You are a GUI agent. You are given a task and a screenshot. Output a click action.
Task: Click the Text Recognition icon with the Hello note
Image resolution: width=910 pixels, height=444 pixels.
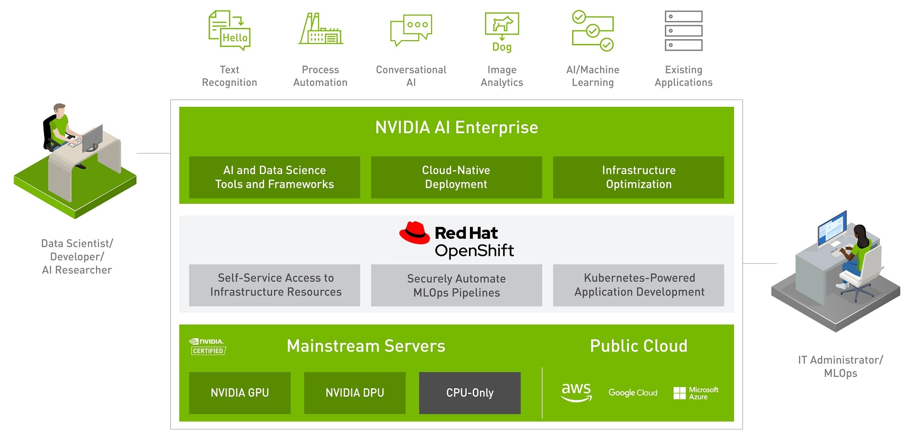coord(230,31)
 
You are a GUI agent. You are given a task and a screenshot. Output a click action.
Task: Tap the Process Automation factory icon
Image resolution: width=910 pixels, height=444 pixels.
coord(320,29)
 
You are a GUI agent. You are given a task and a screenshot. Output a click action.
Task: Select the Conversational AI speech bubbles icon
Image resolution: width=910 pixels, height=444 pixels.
coord(411,30)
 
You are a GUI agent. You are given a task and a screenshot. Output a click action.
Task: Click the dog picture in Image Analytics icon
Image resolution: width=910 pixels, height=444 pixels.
coord(502,24)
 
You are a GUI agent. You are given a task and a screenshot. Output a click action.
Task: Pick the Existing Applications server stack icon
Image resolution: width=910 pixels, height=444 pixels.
coord(683,31)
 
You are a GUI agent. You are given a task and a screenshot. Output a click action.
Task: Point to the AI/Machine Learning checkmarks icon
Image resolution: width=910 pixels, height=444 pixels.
coord(592,31)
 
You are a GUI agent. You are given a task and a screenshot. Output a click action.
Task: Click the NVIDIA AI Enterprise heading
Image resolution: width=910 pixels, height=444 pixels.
coord(456,127)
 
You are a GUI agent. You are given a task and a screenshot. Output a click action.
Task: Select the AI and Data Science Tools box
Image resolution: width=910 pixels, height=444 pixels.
coord(274,177)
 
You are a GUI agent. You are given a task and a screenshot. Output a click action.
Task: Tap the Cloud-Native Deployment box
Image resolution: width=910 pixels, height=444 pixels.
coord(456,177)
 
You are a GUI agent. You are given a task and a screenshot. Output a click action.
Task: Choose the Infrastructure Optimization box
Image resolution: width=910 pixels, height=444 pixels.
coord(638,177)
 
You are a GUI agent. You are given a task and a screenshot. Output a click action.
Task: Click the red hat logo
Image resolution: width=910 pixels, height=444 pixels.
coord(415,233)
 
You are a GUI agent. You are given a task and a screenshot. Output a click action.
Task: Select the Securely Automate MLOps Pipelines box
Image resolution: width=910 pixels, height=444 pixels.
coord(456,285)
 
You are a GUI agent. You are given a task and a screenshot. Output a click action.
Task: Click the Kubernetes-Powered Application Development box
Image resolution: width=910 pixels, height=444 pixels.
coord(638,285)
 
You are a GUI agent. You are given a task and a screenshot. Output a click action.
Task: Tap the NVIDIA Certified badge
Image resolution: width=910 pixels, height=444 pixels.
coord(207,347)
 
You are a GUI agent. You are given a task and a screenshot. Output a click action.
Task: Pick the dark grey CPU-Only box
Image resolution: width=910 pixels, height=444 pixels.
coord(469,393)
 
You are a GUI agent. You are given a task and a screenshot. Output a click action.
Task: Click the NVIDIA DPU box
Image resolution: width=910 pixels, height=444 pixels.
coord(354,393)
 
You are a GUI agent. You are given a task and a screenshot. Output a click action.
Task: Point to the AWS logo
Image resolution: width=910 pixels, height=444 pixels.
coord(576,392)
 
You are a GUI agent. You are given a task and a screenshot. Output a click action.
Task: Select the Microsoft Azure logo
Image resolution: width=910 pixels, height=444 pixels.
coord(696,393)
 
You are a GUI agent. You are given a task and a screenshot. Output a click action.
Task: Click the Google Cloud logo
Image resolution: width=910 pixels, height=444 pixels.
coord(633,393)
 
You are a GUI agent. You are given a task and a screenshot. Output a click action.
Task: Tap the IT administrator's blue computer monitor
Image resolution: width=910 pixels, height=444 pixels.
coord(831,229)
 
